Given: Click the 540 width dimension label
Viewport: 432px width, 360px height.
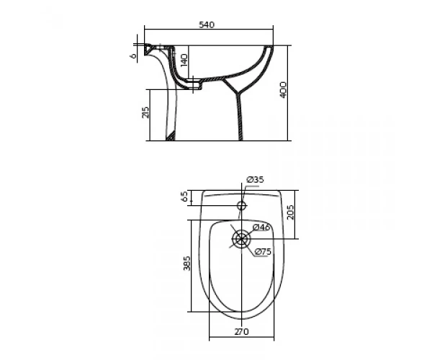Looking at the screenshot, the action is pos(207,24).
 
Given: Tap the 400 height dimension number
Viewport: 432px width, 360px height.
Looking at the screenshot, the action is pos(283,90).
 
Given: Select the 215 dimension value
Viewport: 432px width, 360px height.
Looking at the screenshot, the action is pos(145,112).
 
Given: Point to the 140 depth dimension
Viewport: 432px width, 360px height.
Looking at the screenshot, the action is pos(184,60).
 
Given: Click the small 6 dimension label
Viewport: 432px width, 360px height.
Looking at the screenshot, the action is pos(133,56).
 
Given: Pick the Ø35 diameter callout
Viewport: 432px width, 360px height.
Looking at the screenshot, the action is pos(256,180).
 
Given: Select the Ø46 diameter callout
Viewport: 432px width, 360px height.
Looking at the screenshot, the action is pos(261,228).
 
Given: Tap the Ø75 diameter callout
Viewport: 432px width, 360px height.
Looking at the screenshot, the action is pos(263,251).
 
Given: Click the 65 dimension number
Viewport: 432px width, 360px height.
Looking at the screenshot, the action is pos(185,197).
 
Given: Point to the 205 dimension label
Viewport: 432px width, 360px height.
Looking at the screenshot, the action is pos(290,212).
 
